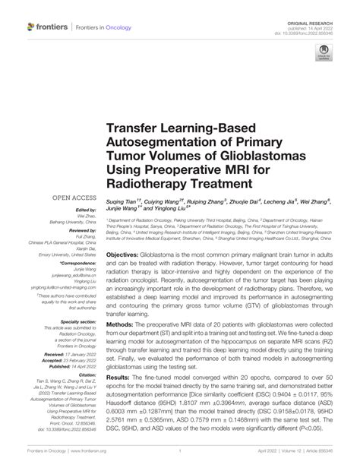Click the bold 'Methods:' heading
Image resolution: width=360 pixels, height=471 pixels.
(x=122, y=326)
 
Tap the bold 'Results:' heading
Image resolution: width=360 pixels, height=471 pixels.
(x=122, y=397)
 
